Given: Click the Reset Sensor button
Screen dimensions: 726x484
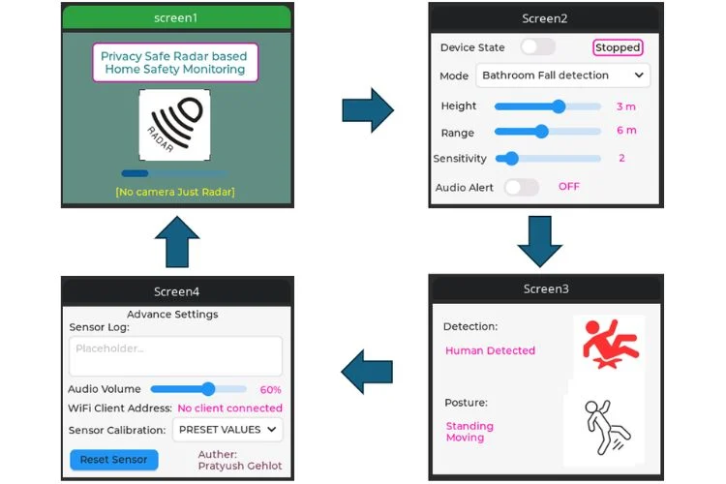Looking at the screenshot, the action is pos(114,460).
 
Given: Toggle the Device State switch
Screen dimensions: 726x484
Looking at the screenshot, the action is pos(537,46).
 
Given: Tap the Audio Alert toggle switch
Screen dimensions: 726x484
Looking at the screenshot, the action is pos(522,187).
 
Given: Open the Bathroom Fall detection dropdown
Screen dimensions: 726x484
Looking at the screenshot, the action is pos(562,76).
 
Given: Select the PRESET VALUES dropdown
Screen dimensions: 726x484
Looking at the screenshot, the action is pos(227,430).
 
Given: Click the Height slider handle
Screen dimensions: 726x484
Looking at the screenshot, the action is pos(559,106).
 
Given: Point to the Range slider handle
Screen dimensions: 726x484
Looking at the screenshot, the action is pos(542,132).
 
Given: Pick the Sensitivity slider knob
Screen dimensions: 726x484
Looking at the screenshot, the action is pos(511,159).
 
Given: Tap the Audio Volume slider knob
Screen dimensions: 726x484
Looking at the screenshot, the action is pos(208,388).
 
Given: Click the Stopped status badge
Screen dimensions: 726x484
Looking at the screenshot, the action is pos(618,47).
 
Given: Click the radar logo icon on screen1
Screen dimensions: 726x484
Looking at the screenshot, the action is pos(174,125).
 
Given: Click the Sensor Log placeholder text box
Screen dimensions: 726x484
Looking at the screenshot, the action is pos(175,355).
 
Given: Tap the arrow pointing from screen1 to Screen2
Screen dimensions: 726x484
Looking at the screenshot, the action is pos(368,110).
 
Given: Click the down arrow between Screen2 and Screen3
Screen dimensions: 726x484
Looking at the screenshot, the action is pos(540,241).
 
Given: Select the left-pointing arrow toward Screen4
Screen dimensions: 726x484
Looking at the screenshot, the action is pos(367,372).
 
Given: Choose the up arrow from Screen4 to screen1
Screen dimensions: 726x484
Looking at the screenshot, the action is pos(177,241).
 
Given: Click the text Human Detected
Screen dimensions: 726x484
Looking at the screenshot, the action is pos(491,350).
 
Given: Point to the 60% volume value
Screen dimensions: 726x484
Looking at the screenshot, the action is pos(270,389).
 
